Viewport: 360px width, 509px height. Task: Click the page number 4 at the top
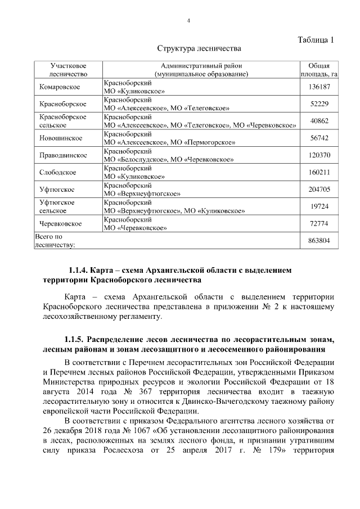189,21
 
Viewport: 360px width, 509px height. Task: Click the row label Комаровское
60,87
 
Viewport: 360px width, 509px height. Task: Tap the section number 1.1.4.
76,271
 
